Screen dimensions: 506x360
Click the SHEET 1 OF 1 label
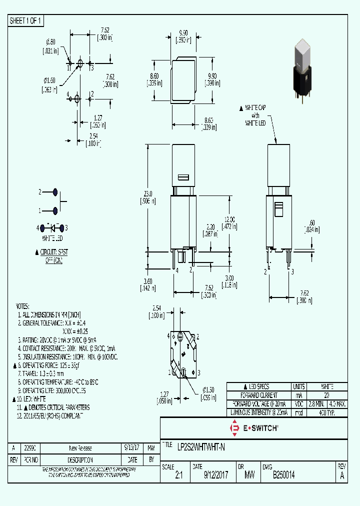pos(26,21)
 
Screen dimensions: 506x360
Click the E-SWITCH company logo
pos(253,428)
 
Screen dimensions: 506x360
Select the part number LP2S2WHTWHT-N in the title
pos(201,448)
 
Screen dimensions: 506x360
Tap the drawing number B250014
pos(283,476)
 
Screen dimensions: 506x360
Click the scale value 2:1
pos(179,476)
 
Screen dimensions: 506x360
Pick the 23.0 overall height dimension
pos(148,193)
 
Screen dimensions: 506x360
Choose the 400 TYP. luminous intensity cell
pos(326,413)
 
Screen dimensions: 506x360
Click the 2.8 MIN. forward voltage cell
pos(316,404)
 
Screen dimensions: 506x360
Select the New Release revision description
pos(80,448)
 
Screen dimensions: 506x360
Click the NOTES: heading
pos(23,306)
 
